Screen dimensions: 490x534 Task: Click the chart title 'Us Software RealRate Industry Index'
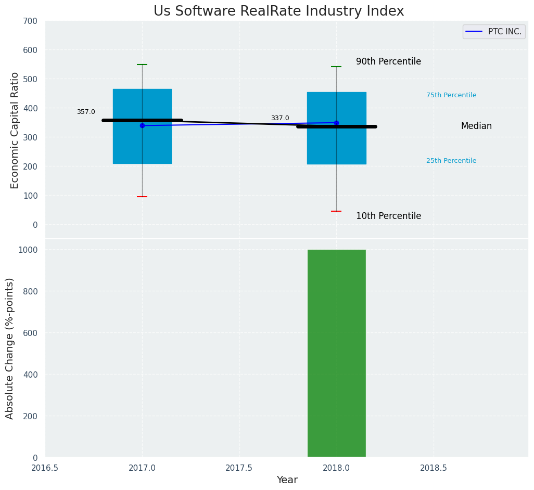tap(278, 11)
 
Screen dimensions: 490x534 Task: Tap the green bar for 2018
tap(336, 354)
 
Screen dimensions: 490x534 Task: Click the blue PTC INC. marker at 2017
tap(142, 125)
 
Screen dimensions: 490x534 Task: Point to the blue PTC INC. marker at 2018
tap(336, 123)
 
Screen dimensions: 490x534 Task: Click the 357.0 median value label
tap(86, 112)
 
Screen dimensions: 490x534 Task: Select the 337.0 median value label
tap(279, 118)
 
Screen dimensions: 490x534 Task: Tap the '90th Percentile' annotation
tap(388, 61)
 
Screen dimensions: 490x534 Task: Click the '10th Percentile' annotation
tap(388, 216)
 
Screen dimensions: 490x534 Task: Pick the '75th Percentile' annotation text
tap(451, 95)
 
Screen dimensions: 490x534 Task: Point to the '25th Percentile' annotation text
tap(451, 161)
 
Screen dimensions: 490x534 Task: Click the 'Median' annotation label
tap(476, 126)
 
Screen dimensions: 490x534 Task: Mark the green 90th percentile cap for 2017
tap(142, 65)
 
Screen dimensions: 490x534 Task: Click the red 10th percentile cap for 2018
tap(336, 211)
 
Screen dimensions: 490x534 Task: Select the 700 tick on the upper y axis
tap(30, 21)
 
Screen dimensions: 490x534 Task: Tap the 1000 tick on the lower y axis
tap(28, 250)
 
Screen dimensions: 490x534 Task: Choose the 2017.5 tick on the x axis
tap(239, 468)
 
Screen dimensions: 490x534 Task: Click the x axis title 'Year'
tap(287, 480)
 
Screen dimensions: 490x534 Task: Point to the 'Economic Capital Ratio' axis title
tap(15, 130)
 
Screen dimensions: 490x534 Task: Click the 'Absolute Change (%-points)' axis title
tap(10, 348)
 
